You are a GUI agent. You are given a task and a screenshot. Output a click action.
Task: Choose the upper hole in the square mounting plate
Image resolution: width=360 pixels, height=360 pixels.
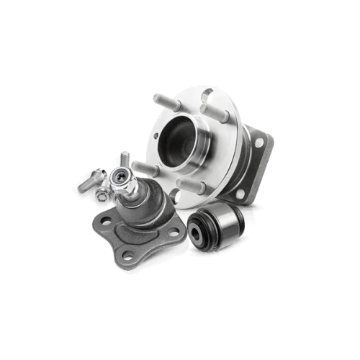[x=258, y=142]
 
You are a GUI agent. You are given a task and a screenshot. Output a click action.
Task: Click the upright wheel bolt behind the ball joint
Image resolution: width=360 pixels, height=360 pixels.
[x=125, y=160]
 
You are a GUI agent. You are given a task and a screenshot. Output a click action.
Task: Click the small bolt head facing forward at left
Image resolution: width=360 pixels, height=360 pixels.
[x=104, y=193]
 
